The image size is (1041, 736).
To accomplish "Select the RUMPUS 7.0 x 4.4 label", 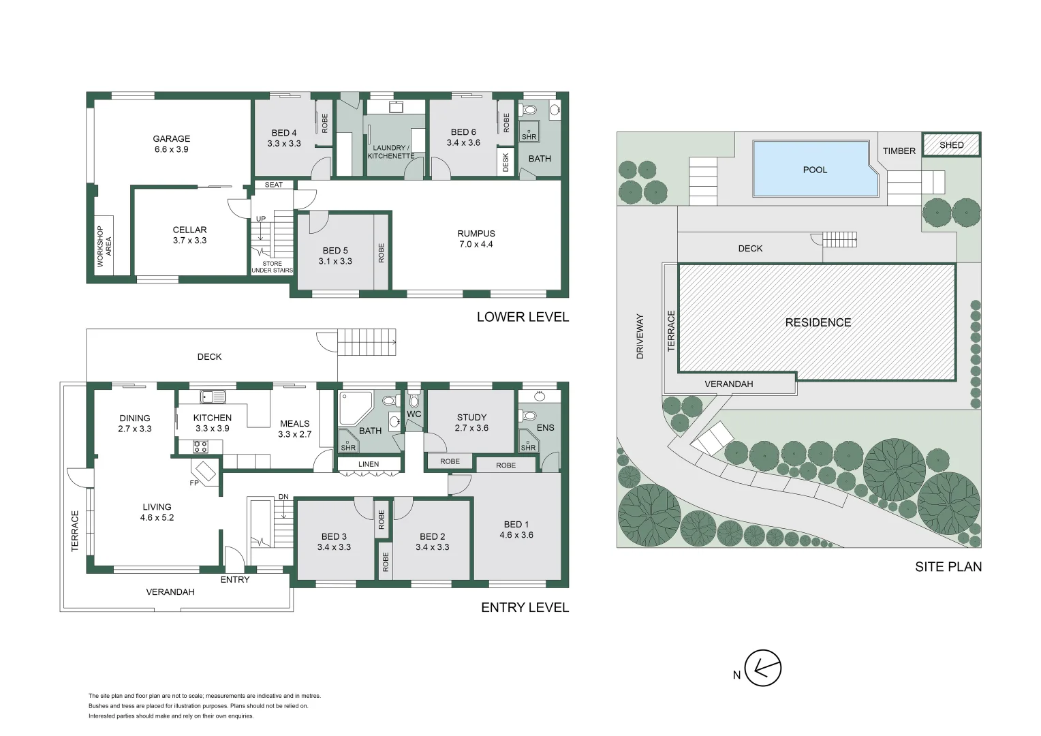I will tap(476, 239).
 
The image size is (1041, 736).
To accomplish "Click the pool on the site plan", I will tap(814, 169).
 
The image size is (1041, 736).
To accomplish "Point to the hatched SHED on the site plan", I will tap(951, 145).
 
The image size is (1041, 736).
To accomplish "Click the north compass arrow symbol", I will tap(762, 668).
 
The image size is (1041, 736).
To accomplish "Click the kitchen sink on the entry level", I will tap(213, 397).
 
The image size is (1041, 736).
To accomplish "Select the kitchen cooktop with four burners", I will tap(200, 447).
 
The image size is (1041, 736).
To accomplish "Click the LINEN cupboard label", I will tap(369, 464).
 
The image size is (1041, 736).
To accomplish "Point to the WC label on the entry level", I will tap(414, 414).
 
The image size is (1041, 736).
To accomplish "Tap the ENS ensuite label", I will tap(545, 428).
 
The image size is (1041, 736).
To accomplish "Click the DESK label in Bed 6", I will tap(506, 162).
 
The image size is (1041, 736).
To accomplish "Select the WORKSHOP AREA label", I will tap(104, 245).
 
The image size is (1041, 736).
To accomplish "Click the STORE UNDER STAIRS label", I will tap(272, 267).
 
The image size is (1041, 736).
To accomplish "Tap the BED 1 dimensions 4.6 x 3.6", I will tap(516, 535).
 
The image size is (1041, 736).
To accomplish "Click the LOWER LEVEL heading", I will tap(522, 317).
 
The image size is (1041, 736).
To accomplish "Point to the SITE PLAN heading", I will tap(948, 566).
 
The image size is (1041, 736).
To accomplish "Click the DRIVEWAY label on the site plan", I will tap(640, 336).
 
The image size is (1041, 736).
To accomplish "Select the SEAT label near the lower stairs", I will tap(273, 185).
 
